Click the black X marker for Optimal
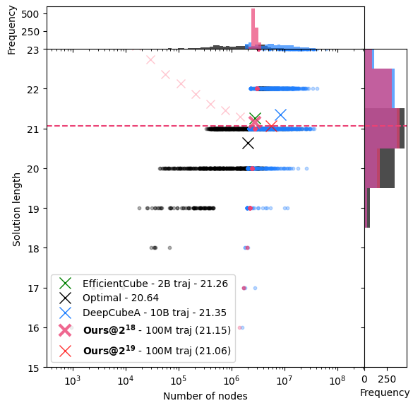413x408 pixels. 248,143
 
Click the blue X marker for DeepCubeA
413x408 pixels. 280,115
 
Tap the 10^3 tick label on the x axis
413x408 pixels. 73,382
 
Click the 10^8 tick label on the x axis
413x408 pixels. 337,382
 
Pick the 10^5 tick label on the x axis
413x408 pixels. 179,382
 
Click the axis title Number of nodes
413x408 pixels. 205,396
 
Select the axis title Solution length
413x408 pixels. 17,209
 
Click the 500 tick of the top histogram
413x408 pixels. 37,13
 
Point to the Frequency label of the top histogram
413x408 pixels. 12,28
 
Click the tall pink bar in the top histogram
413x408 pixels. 253,28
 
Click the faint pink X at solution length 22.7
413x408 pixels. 150,59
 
